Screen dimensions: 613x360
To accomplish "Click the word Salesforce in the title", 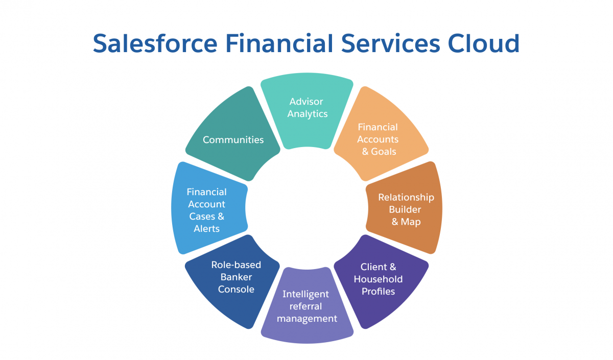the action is (x=155, y=43).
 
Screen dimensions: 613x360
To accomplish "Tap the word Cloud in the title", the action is (x=484, y=43).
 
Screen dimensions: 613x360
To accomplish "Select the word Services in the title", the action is (x=390, y=43).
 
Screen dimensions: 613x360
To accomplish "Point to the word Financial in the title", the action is (x=279, y=43).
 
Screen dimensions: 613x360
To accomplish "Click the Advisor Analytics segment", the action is (x=307, y=111).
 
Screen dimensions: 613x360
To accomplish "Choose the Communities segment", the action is (x=233, y=134).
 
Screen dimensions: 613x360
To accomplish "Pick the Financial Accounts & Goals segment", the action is (x=381, y=134).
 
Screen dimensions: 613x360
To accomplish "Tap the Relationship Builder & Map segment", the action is (x=404, y=208).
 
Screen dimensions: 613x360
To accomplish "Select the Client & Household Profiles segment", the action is (x=381, y=281).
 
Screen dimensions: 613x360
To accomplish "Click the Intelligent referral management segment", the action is (x=307, y=305).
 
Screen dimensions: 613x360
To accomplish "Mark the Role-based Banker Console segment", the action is (x=233, y=281).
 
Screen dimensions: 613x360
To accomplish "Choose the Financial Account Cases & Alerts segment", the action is (x=209, y=208).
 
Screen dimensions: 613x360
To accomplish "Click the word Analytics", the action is (x=308, y=114).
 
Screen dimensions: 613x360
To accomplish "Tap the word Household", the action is (x=378, y=279).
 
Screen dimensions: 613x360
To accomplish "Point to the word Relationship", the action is (x=406, y=198).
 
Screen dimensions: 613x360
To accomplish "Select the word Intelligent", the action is (x=305, y=294).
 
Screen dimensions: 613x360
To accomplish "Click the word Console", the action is (x=236, y=289).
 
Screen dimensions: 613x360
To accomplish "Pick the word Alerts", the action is (x=206, y=228).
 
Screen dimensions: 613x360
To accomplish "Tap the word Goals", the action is (x=384, y=151).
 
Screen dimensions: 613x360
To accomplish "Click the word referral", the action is (x=305, y=306).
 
